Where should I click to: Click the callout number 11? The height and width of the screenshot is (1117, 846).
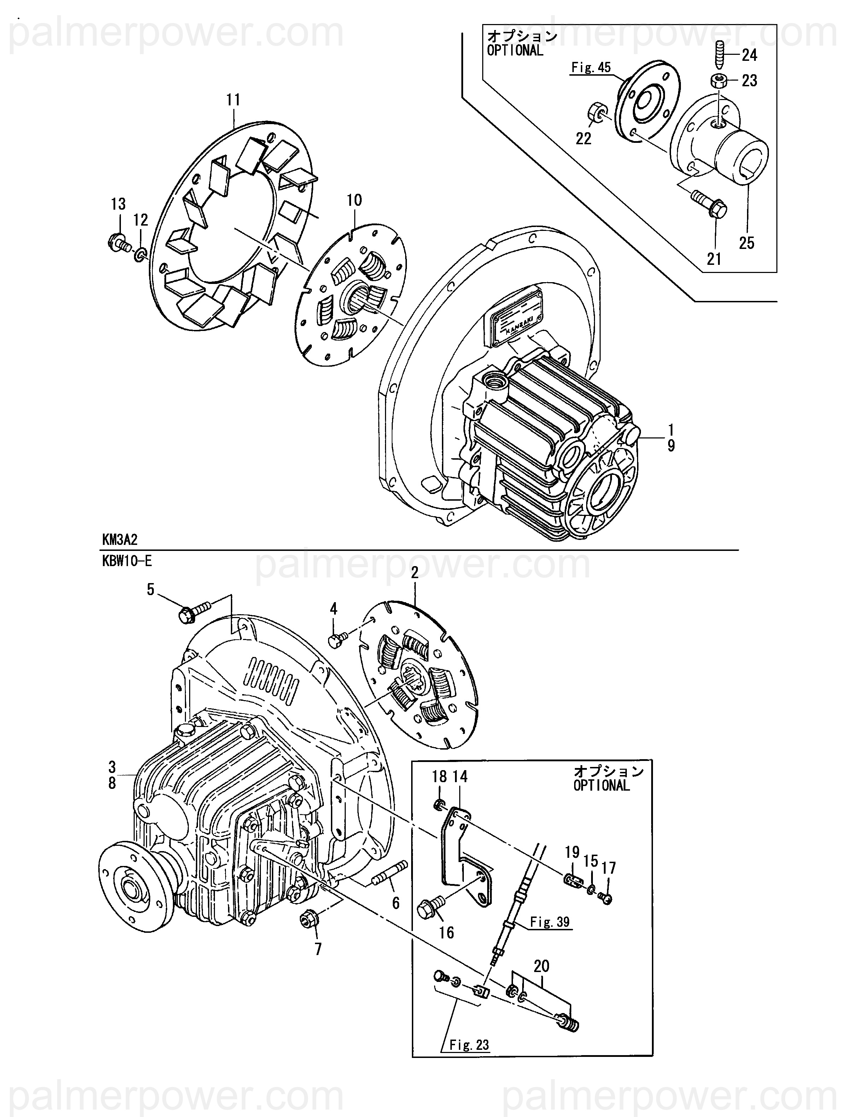coord(233,100)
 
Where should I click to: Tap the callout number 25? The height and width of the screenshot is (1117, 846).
coord(747,243)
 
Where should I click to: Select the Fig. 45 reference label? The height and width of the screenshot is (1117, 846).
coord(591,67)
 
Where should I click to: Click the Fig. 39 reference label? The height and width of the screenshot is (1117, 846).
coord(550,922)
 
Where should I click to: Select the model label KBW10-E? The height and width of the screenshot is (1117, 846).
coord(127,561)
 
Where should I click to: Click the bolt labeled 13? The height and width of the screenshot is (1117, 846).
coord(119,243)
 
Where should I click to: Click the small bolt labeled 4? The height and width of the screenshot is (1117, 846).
coord(338,640)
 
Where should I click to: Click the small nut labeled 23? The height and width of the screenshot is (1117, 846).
coord(717,81)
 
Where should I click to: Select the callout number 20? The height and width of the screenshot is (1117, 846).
coord(542,966)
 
